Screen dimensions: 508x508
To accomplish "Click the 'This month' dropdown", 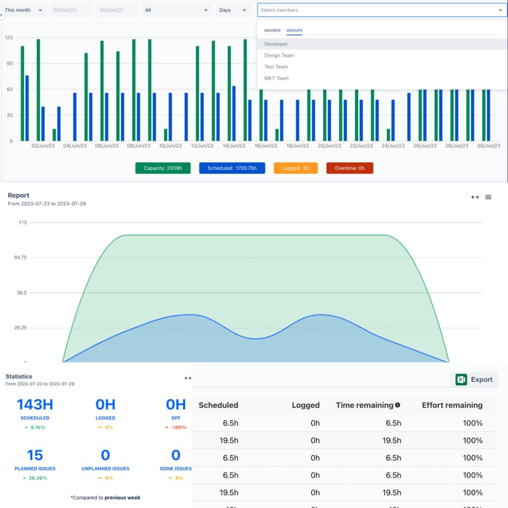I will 24,10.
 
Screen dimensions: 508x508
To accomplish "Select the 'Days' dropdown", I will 233,10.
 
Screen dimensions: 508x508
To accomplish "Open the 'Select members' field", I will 381,10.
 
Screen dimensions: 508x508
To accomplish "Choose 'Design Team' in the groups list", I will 279,56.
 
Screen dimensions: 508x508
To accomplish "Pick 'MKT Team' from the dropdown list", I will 276,78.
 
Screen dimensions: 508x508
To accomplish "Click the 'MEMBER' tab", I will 272,31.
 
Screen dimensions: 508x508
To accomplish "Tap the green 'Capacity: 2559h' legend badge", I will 163,168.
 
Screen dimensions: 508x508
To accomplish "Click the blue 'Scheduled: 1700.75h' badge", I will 232,168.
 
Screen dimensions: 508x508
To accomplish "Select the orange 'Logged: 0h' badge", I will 296,168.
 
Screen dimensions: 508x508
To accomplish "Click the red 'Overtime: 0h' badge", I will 350,168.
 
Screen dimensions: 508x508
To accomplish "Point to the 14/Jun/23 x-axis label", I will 234,146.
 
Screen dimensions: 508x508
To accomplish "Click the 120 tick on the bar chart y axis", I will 8,38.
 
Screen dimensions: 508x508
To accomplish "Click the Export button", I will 474,380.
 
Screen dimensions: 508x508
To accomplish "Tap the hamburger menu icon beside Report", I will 488,197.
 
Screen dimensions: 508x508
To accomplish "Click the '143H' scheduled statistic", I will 35,405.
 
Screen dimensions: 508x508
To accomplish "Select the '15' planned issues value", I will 35,455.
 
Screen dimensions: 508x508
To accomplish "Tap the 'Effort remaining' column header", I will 452,405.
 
